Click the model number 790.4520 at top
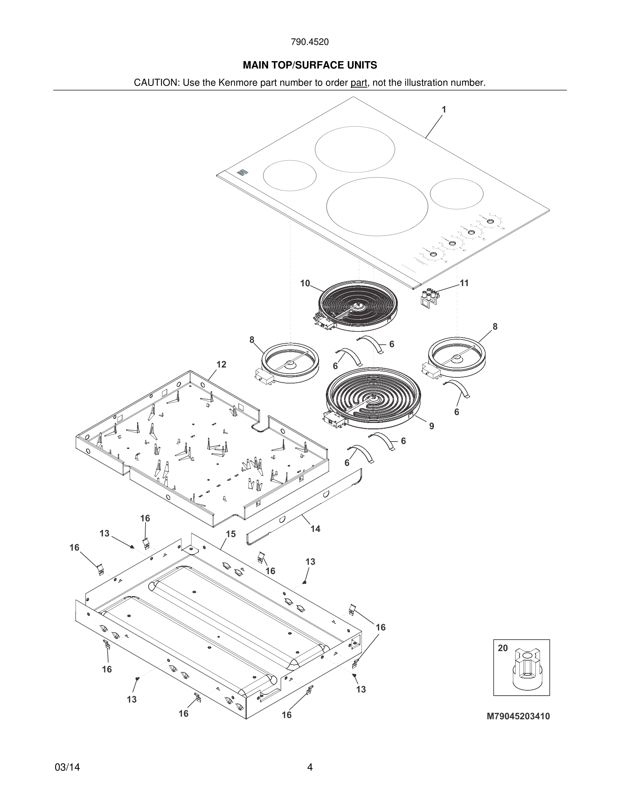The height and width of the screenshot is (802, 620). point(310,42)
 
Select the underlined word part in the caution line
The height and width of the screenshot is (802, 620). point(359,83)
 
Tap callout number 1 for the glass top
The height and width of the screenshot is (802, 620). point(444,110)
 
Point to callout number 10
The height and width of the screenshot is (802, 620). point(305,284)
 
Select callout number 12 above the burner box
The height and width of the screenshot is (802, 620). point(221,365)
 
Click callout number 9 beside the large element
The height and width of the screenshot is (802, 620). point(432,426)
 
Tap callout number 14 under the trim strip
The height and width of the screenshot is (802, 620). point(315,529)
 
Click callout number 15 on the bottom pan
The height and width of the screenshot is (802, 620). point(230,534)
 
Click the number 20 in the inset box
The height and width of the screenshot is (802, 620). point(503,648)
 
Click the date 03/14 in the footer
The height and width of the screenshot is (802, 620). point(67,767)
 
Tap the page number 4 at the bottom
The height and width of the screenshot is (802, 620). point(310,767)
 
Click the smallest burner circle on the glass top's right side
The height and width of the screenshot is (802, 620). point(456,194)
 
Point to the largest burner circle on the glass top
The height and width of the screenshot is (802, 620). point(377,206)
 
